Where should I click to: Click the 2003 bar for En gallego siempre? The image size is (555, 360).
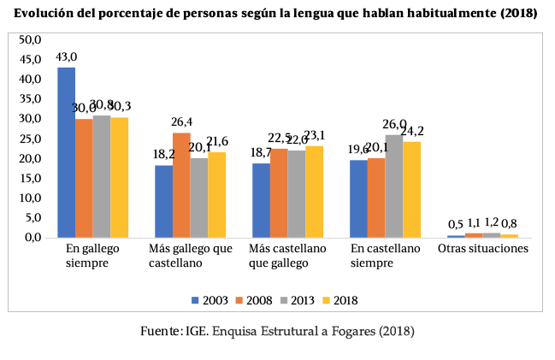tap(66, 152)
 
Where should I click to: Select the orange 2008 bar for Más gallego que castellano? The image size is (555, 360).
tap(181, 185)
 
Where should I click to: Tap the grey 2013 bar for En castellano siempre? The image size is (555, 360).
tap(393, 186)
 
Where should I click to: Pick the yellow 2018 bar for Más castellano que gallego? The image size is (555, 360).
tap(314, 192)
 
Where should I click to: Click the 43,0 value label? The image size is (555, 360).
tap(66, 57)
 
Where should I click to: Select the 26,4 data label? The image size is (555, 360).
tap(182, 122)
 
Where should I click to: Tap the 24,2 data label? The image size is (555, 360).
tap(412, 131)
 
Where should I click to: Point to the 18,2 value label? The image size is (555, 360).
tap(163, 155)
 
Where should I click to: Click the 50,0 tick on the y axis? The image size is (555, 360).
tap(31, 40)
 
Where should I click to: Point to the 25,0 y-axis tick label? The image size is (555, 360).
tap(31, 139)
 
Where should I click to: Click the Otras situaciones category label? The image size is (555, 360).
tap(482, 249)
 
